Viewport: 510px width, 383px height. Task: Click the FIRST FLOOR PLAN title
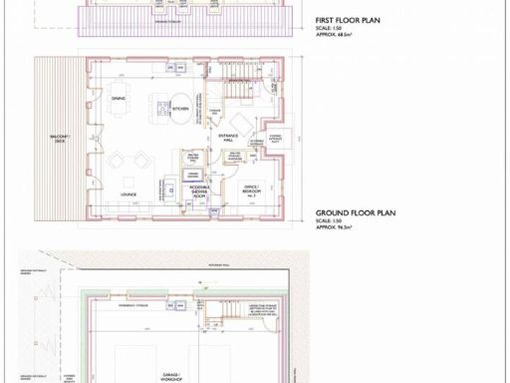(349, 20)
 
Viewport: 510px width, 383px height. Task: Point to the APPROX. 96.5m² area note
(343, 228)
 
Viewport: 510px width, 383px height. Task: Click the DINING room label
(119, 98)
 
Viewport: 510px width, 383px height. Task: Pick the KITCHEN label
(180, 108)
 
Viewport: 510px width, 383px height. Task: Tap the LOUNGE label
(128, 195)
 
